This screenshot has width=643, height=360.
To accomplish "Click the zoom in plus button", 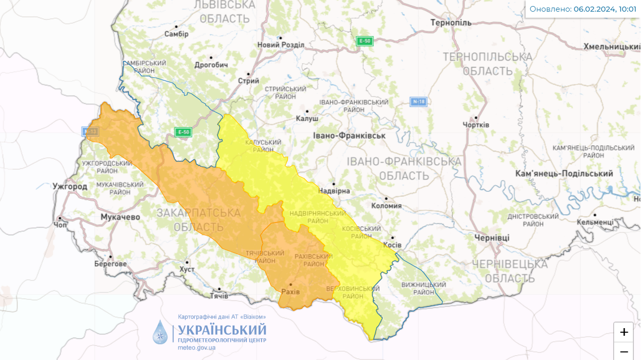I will pos(624,332).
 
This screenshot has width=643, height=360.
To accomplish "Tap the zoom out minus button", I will pos(624,351).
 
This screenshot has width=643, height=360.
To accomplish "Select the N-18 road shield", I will pos(418,102).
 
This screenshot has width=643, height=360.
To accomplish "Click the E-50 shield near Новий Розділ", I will pos(364,41).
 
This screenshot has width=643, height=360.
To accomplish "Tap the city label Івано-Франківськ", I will pos(349,136).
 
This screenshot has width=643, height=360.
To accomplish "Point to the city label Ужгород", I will pos(70,186).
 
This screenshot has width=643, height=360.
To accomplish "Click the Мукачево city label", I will pos(120,216).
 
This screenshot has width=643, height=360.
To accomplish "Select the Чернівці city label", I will pos(492,238).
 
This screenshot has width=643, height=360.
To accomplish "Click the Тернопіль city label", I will pos(451,23).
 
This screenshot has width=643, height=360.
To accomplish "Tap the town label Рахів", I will pos(290,292).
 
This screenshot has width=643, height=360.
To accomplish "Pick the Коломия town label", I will pos(386,205).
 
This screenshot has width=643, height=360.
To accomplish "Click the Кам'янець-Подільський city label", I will pos(564,173).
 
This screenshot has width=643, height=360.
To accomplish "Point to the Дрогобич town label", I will pos(211,65).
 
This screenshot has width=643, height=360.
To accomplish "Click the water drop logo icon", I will pos(160,332).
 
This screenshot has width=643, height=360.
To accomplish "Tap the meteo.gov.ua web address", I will pos(197,347).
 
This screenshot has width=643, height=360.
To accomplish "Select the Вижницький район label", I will pos(419,288).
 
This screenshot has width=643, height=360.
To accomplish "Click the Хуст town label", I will pos(187,270).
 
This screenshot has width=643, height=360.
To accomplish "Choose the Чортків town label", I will pos(476,124).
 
